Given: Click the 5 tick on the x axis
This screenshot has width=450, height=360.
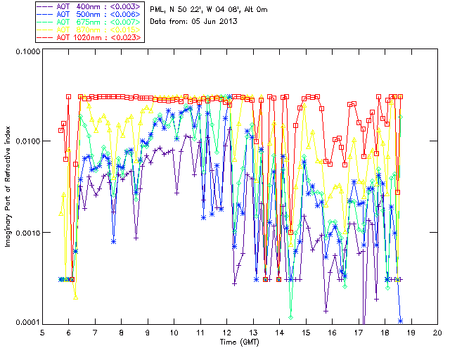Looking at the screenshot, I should coord(42,333).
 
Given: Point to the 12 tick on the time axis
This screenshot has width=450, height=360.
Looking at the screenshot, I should coord(227,333).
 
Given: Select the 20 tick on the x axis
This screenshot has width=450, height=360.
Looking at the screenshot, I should coord(437,333).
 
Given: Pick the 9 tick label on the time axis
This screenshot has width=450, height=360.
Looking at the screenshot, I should coord(148,333).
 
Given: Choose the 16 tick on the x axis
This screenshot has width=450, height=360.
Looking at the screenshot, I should coord(333,333).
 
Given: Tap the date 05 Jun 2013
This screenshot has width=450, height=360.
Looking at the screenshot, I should coord(214,21).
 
